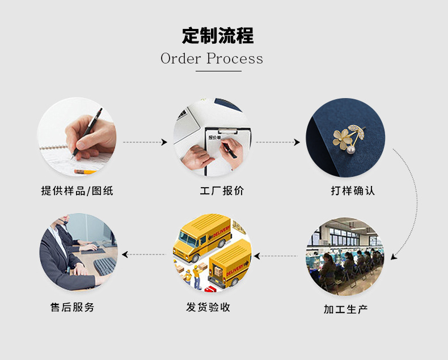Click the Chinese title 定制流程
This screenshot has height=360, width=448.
pos(218,35)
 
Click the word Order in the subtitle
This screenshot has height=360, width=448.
pos(180,58)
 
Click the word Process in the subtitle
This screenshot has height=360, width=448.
pos(234,58)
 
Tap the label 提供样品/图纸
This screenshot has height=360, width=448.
pos(77,191)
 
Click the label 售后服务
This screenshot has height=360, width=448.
pos(73,307)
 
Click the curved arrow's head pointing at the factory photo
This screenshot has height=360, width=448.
pos(394,257)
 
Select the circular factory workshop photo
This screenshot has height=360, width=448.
pos(345,256)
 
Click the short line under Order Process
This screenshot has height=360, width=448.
pos(218,71)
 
